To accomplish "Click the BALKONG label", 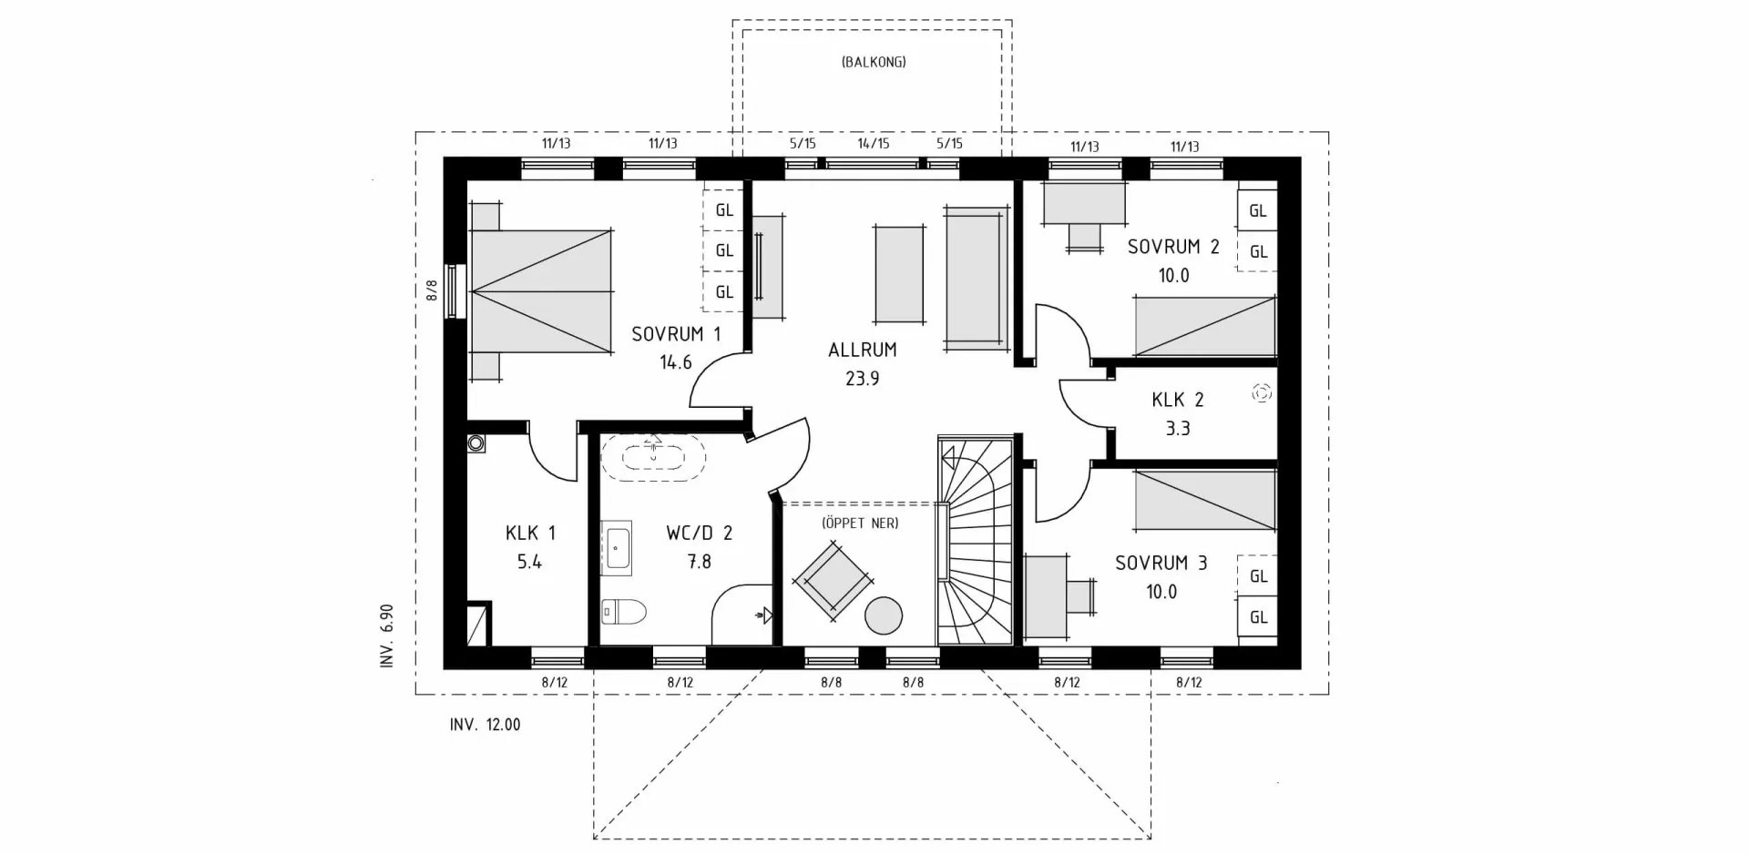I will pyautogui.click(x=873, y=63).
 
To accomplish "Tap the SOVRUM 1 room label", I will pyautogui.click(x=676, y=334).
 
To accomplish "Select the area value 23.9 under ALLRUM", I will pyautogui.click(x=862, y=379).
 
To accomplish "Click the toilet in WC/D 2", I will pyautogui.click(x=625, y=612).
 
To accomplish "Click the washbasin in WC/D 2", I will pyautogui.click(x=617, y=549).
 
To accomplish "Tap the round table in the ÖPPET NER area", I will pyautogui.click(x=883, y=615).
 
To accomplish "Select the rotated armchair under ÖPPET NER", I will pyautogui.click(x=833, y=580).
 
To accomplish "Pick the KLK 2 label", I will pyautogui.click(x=1177, y=400).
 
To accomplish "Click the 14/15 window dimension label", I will pyautogui.click(x=873, y=143).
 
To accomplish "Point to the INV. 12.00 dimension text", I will pyautogui.click(x=485, y=726).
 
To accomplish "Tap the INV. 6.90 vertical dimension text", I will pyautogui.click(x=387, y=635).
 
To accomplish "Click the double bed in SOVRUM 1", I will pyautogui.click(x=541, y=290).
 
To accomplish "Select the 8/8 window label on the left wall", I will pyautogui.click(x=432, y=290).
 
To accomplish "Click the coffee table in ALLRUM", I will pyautogui.click(x=899, y=273).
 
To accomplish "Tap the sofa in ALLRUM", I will pyautogui.click(x=977, y=278).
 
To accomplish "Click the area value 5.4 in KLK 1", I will pyautogui.click(x=529, y=562).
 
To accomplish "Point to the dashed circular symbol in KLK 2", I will pyautogui.click(x=1262, y=393).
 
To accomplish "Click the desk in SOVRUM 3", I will pyautogui.click(x=1046, y=596).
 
